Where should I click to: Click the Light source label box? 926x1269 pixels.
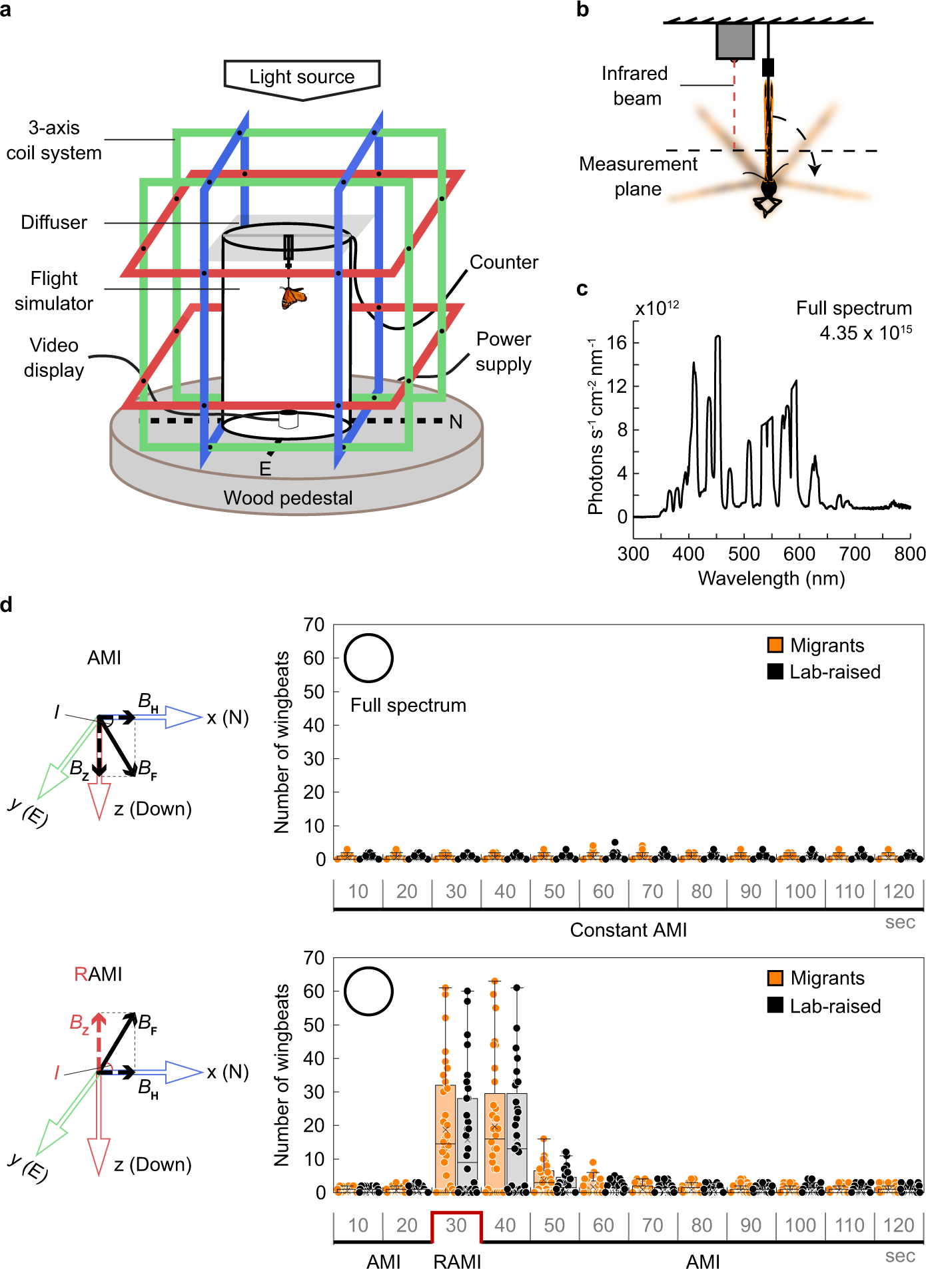[302, 77]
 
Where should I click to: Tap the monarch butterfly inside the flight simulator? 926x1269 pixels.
[292, 297]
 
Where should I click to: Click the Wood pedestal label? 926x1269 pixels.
[288, 498]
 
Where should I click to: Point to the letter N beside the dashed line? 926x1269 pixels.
[456, 422]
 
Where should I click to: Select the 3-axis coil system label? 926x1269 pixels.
[54, 140]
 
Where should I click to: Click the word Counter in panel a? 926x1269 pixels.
[504, 262]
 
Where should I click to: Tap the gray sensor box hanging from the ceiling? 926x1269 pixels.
[735, 41]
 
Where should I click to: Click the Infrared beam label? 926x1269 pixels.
[635, 86]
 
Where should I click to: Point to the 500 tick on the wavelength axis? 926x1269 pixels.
[743, 554]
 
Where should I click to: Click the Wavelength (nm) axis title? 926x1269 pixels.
[771, 579]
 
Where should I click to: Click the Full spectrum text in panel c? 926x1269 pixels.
[853, 308]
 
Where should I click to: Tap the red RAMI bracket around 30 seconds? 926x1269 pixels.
[456, 1214]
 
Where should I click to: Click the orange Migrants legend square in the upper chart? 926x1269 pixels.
[775, 645]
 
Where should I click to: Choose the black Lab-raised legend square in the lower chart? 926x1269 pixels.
[775, 1005]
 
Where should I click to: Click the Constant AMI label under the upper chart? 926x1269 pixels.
[628, 930]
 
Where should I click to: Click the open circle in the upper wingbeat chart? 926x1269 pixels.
[368, 658]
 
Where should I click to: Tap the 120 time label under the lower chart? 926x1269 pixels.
[898, 1225]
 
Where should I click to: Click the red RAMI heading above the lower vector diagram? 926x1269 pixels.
[98, 974]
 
